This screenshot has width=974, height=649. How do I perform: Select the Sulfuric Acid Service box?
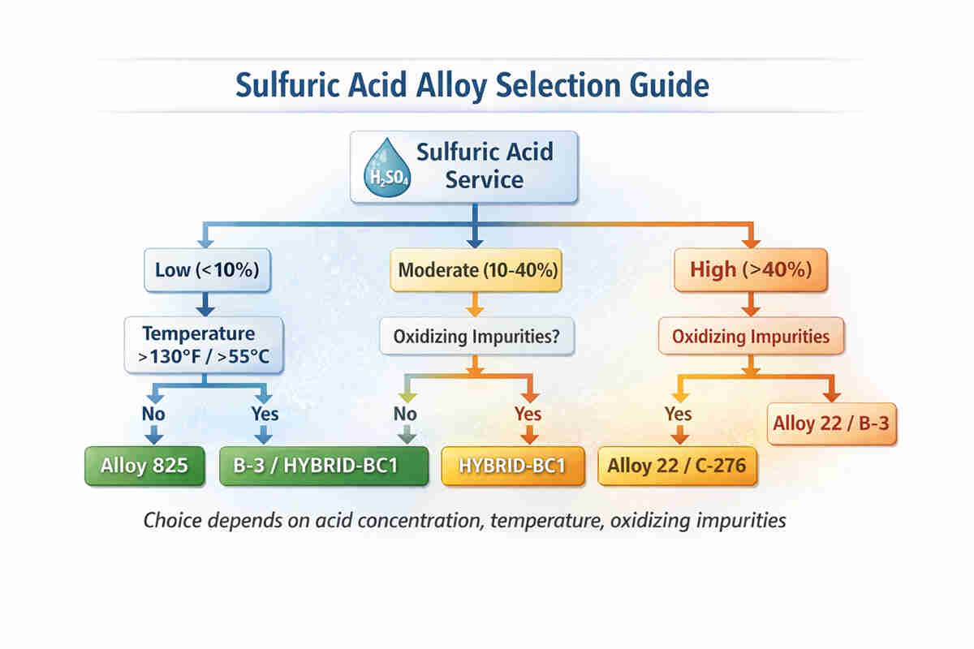click(x=463, y=166)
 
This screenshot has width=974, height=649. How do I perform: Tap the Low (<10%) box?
click(x=206, y=270)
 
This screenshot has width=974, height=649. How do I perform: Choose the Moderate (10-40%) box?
click(x=476, y=270)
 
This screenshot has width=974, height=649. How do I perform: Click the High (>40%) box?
click(x=750, y=270)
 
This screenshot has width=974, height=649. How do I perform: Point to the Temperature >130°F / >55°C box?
click(x=204, y=344)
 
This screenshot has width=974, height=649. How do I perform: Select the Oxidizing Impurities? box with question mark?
click(x=475, y=336)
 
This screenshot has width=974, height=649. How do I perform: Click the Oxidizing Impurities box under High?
click(x=751, y=336)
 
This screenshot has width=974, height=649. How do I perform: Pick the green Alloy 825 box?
click(x=144, y=466)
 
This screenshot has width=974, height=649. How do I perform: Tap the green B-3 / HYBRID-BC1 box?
click(x=323, y=466)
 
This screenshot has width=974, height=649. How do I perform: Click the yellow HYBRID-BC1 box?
click(x=512, y=466)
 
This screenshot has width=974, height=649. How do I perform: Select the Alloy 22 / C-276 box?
click(x=678, y=466)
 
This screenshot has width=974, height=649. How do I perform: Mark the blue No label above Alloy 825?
click(x=153, y=414)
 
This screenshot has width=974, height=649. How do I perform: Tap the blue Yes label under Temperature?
click(x=264, y=414)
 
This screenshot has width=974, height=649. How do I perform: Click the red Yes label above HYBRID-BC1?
click(x=528, y=414)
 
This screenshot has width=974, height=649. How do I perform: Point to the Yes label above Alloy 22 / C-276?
click(x=678, y=414)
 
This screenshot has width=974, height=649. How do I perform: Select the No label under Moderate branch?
click(x=405, y=414)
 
